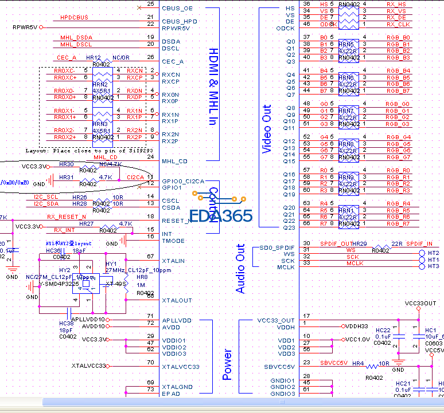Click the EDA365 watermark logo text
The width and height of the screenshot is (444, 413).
pos(221,216)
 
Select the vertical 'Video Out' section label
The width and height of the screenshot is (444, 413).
pos(267,129)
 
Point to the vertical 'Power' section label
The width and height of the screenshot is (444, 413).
pos(228,364)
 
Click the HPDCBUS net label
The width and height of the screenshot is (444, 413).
pos(74,18)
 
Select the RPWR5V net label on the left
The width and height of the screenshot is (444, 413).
pos(25,27)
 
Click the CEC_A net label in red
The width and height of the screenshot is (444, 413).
pos(67,58)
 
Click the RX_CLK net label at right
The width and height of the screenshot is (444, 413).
pos(398,24)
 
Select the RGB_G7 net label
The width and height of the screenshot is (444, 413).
pos(398,157)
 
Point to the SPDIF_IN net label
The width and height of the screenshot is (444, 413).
pos(420,244)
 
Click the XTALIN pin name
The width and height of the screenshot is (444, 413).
pos(173,261)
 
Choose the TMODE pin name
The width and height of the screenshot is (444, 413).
pos(173,241)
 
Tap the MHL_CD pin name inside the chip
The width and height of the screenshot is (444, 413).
pos(175,162)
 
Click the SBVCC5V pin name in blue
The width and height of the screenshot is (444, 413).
pos(280,367)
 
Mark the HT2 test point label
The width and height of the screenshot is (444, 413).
pos(434,253)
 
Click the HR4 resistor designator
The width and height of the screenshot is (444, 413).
pos(358,363)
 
